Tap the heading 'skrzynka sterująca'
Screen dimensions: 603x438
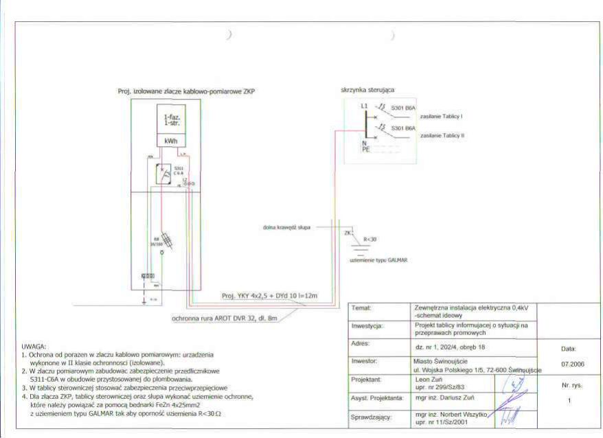pyautogui.click(x=367, y=90)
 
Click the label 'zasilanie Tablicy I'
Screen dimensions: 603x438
pyautogui.click(x=442, y=116)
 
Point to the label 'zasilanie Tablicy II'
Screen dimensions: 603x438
pyautogui.click(x=442, y=136)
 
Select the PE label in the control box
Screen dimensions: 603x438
pyautogui.click(x=365, y=150)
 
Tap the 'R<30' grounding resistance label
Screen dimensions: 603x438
pyautogui.click(x=370, y=239)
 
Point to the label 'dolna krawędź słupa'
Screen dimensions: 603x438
pyautogui.click(x=286, y=227)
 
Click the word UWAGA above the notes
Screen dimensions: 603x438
pyautogui.click(x=34, y=346)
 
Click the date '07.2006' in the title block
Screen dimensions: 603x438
pyautogui.click(x=572, y=363)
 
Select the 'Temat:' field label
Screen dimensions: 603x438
pyautogui.click(x=361, y=308)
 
